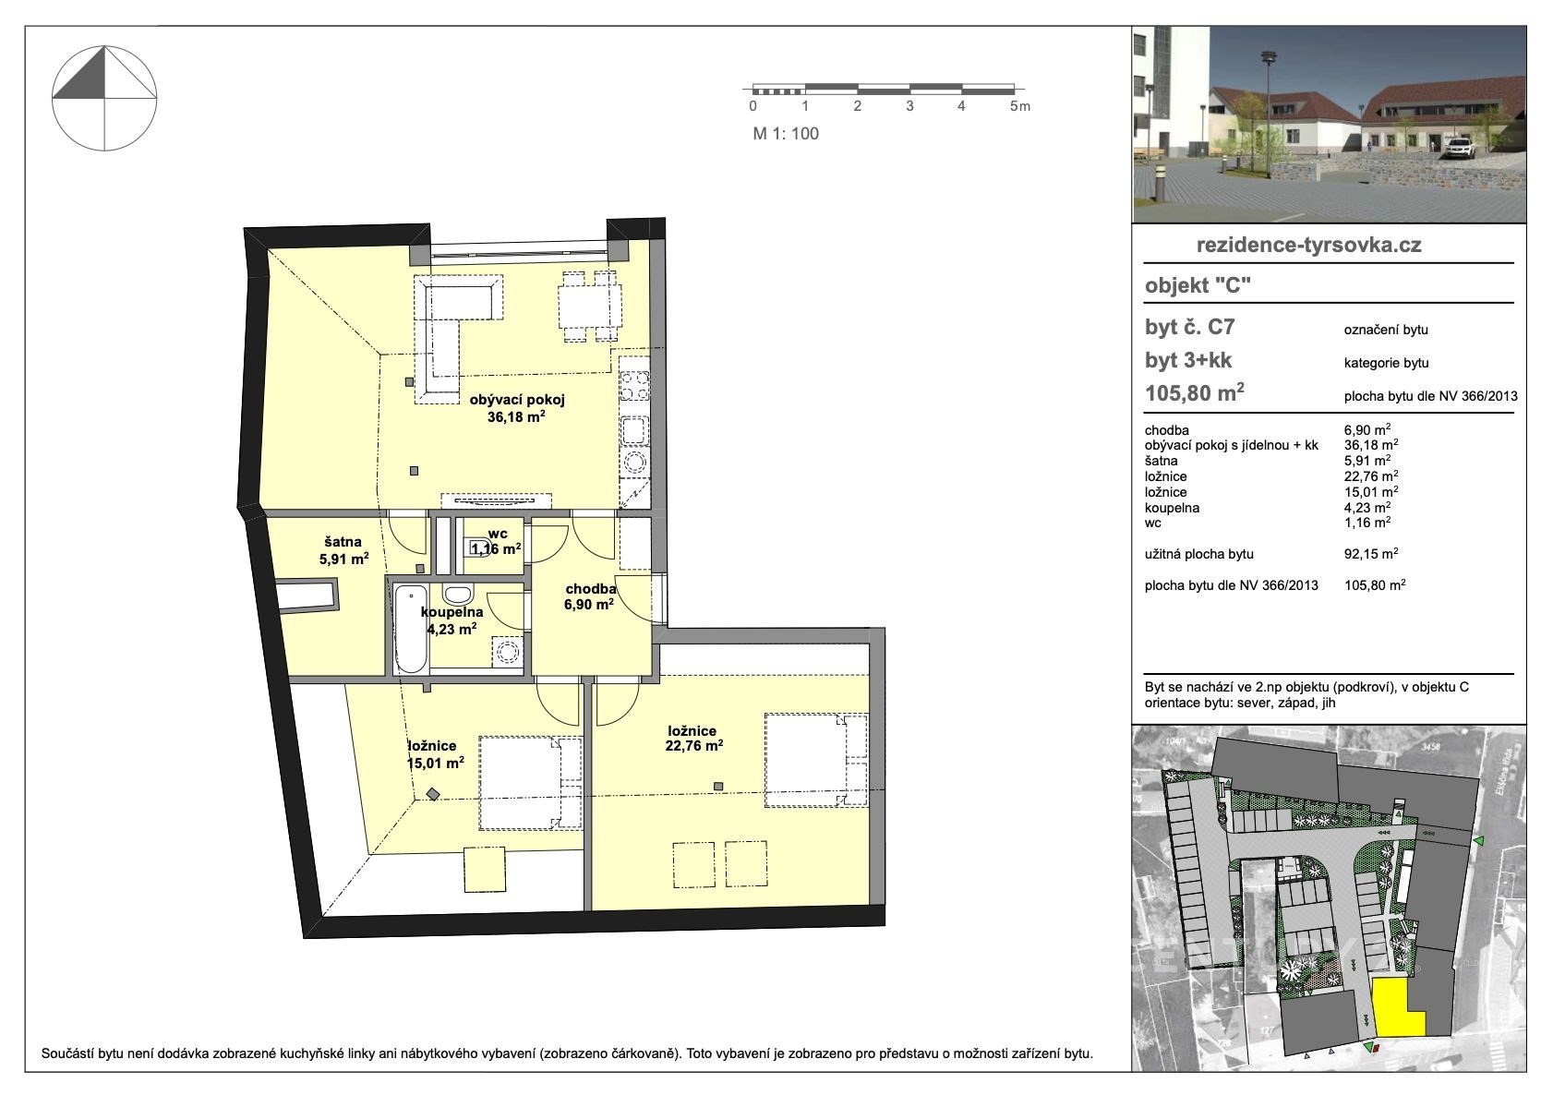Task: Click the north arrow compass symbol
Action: click(x=104, y=99)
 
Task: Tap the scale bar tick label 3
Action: click(x=909, y=106)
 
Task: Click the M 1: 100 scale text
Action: click(x=786, y=134)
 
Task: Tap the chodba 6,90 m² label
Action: click(x=589, y=596)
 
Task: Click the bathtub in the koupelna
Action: click(x=411, y=629)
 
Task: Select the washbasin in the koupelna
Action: click(x=458, y=595)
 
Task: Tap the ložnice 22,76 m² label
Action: click(x=694, y=738)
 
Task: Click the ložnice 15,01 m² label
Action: click(x=436, y=754)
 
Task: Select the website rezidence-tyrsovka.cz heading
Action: click(x=1309, y=245)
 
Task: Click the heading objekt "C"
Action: click(x=1198, y=285)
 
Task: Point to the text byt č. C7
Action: click(x=1190, y=327)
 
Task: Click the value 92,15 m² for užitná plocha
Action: click(x=1371, y=553)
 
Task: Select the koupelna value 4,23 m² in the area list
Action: click(x=1367, y=507)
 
